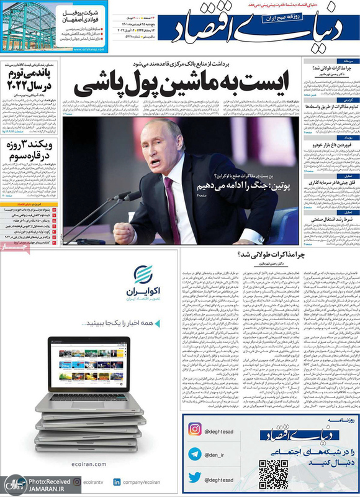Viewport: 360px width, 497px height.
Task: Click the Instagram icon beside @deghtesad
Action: [195, 447]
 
